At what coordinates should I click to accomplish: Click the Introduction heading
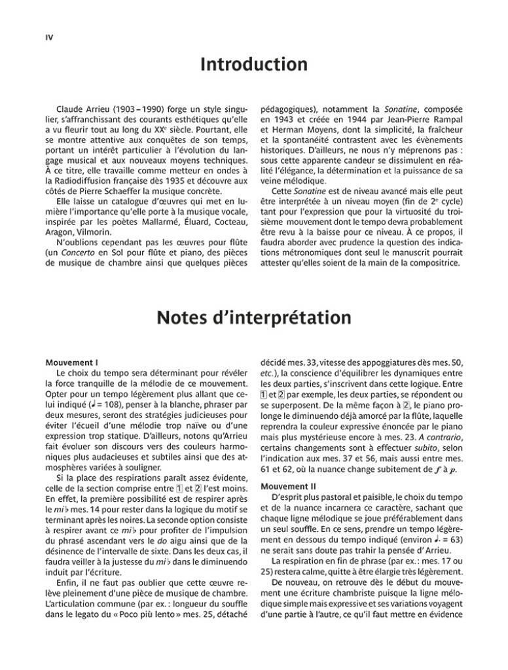(254, 65)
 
